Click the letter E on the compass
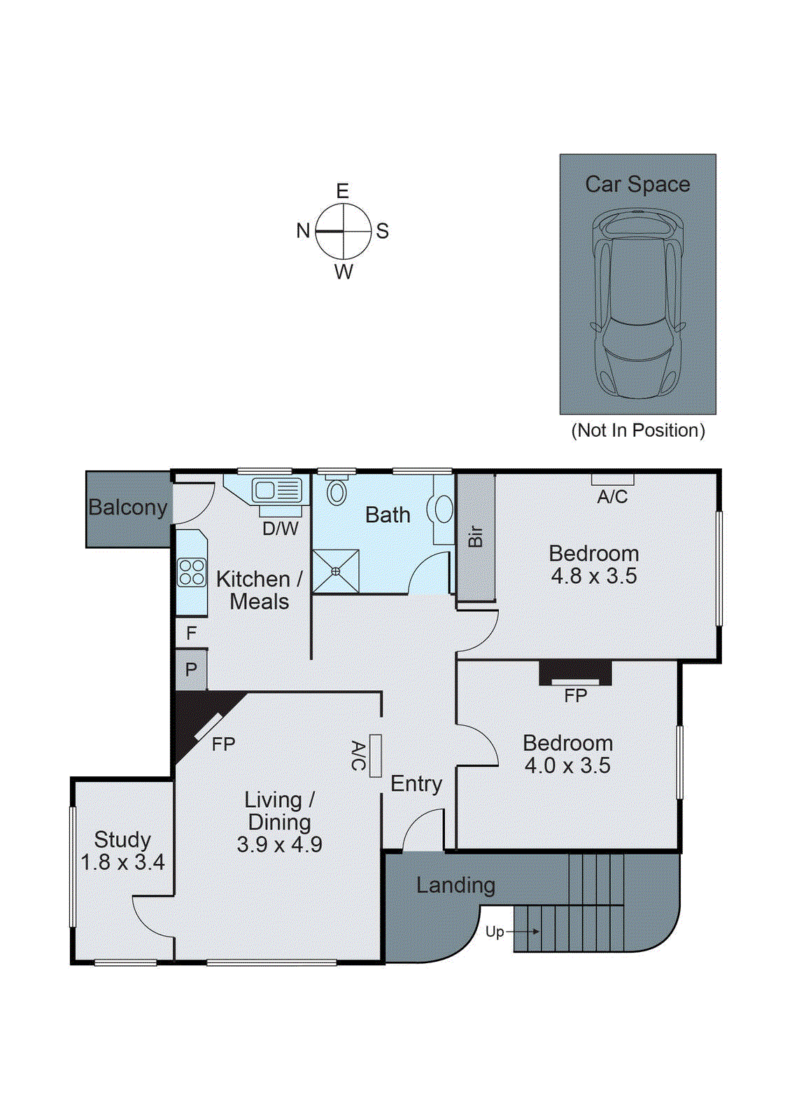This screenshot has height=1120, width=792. coord(342,190)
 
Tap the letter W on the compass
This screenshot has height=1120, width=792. coord(344,272)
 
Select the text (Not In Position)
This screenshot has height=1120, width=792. coord(638,430)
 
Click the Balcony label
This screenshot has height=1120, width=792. coord(127,507)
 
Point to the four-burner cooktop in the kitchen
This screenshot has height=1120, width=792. coord(192,572)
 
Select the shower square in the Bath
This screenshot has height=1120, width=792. coord(336,571)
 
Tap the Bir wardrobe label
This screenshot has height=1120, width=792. coord(476,536)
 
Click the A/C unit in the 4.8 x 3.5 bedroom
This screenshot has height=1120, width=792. coord(612,479)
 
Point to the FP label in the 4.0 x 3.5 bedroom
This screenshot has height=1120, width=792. coord(575,695)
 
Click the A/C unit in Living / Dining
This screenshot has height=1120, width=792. coord(375,755)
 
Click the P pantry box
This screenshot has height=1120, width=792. coord(191,669)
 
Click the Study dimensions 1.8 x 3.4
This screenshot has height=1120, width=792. coord(122,862)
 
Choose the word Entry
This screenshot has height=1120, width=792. coord(416,783)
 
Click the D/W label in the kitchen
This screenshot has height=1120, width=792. coord(280,528)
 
